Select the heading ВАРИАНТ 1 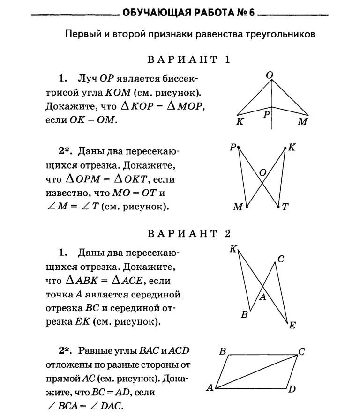189,59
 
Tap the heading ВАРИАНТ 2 189,234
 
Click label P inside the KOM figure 266,114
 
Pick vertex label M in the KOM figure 302,122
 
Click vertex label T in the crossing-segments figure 285,207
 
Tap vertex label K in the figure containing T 292,148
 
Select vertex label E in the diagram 292,325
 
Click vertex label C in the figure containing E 280,259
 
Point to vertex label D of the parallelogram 292,389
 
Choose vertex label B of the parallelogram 223,351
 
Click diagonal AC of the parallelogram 256,372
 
